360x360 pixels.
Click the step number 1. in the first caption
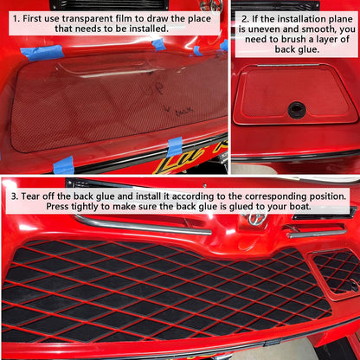tap(16, 19)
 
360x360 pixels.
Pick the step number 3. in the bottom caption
tap(15, 196)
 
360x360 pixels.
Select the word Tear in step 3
tap(31, 196)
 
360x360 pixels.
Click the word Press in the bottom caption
tap(57, 207)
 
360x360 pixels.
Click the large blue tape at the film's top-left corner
tap(42, 53)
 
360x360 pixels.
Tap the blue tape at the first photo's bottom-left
tap(64, 165)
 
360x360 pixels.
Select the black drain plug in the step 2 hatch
tap(297, 109)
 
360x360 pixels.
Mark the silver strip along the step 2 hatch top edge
tap(288, 65)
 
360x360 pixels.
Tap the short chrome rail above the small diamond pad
tap(318, 234)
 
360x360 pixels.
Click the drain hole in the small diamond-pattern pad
tap(353, 286)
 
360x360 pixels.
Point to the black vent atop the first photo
tap(111, 5)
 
